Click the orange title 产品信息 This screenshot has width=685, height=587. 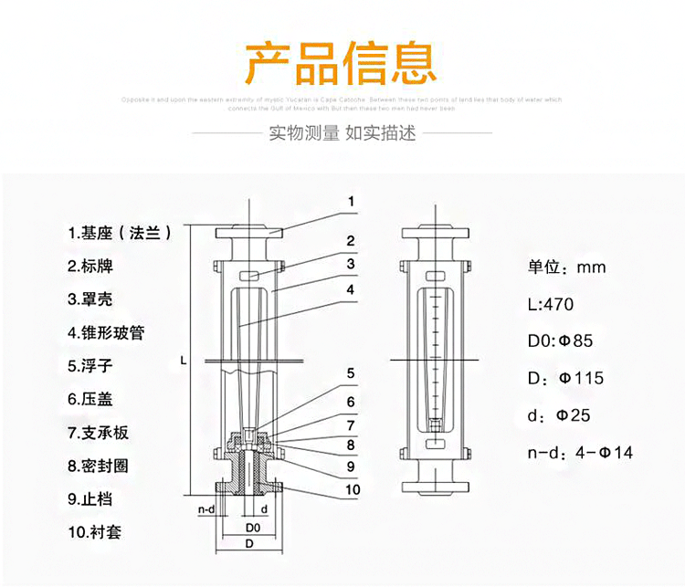[x=342, y=62]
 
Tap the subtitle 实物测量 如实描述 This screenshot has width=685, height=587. [x=342, y=133]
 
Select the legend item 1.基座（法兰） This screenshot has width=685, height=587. [x=120, y=233]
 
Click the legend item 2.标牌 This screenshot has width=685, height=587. [x=93, y=267]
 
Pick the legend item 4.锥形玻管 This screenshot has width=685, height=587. [x=105, y=333]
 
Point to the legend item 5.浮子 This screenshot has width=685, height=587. [x=93, y=366]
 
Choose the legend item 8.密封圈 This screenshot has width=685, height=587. [x=99, y=466]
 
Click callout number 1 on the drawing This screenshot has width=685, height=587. [x=351, y=201]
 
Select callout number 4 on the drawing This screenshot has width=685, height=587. [x=351, y=288]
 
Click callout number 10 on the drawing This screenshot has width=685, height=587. [x=353, y=490]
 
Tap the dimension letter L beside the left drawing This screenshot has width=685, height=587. [x=184, y=362]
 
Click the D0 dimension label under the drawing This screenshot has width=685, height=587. [x=253, y=528]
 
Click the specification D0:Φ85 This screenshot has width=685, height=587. [x=561, y=341]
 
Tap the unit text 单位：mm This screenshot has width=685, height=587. [x=566, y=267]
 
